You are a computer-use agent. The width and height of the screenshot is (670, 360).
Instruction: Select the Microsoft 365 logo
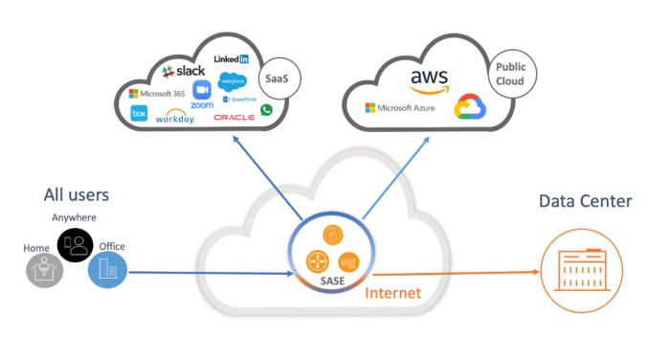[157, 93]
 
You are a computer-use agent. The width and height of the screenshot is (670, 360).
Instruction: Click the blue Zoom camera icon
[202, 90]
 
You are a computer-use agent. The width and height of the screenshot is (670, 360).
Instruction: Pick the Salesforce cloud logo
[233, 80]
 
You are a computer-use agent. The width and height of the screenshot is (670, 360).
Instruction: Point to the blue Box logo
[139, 113]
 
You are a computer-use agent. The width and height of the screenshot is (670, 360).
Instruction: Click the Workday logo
[174, 117]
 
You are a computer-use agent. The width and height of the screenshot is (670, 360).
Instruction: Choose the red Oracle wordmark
[234, 117]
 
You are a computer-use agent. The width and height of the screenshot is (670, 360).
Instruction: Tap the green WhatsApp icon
[266, 110]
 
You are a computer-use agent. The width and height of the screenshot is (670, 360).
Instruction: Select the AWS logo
[429, 81]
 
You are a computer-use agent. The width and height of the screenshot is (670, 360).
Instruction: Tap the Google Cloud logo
[470, 107]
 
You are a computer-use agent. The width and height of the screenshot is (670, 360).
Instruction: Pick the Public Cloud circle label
[513, 75]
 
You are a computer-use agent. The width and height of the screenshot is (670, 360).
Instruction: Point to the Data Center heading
[585, 201]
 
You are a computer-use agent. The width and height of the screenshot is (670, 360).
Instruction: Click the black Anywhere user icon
[74, 245]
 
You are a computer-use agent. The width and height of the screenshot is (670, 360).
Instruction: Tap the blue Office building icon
[107, 269]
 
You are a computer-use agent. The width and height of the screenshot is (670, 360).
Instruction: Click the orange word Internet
[392, 292]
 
